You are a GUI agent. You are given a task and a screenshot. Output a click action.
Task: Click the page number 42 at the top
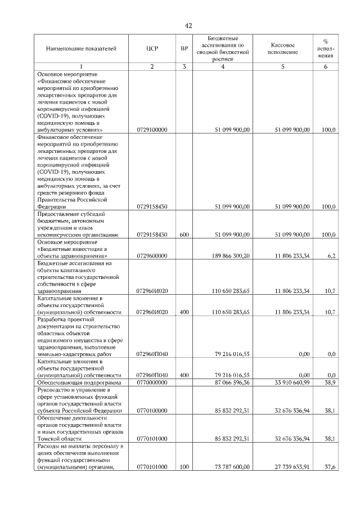pyautogui.click(x=188, y=25)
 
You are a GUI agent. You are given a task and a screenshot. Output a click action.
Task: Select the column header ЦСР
pyautogui.click(x=151, y=49)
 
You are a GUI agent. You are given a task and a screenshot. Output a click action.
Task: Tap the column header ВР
pyautogui.click(x=184, y=49)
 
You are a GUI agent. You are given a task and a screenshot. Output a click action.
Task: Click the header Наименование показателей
pyautogui.click(x=81, y=49)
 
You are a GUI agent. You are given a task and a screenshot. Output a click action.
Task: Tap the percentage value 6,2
pyautogui.click(x=331, y=256)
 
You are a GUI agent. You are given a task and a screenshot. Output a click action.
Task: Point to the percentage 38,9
pyautogui.click(x=331, y=382)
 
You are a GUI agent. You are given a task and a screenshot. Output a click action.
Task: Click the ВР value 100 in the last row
pyautogui.click(x=184, y=466)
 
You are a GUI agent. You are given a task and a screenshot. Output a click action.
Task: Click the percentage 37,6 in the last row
pyautogui.click(x=331, y=466)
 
